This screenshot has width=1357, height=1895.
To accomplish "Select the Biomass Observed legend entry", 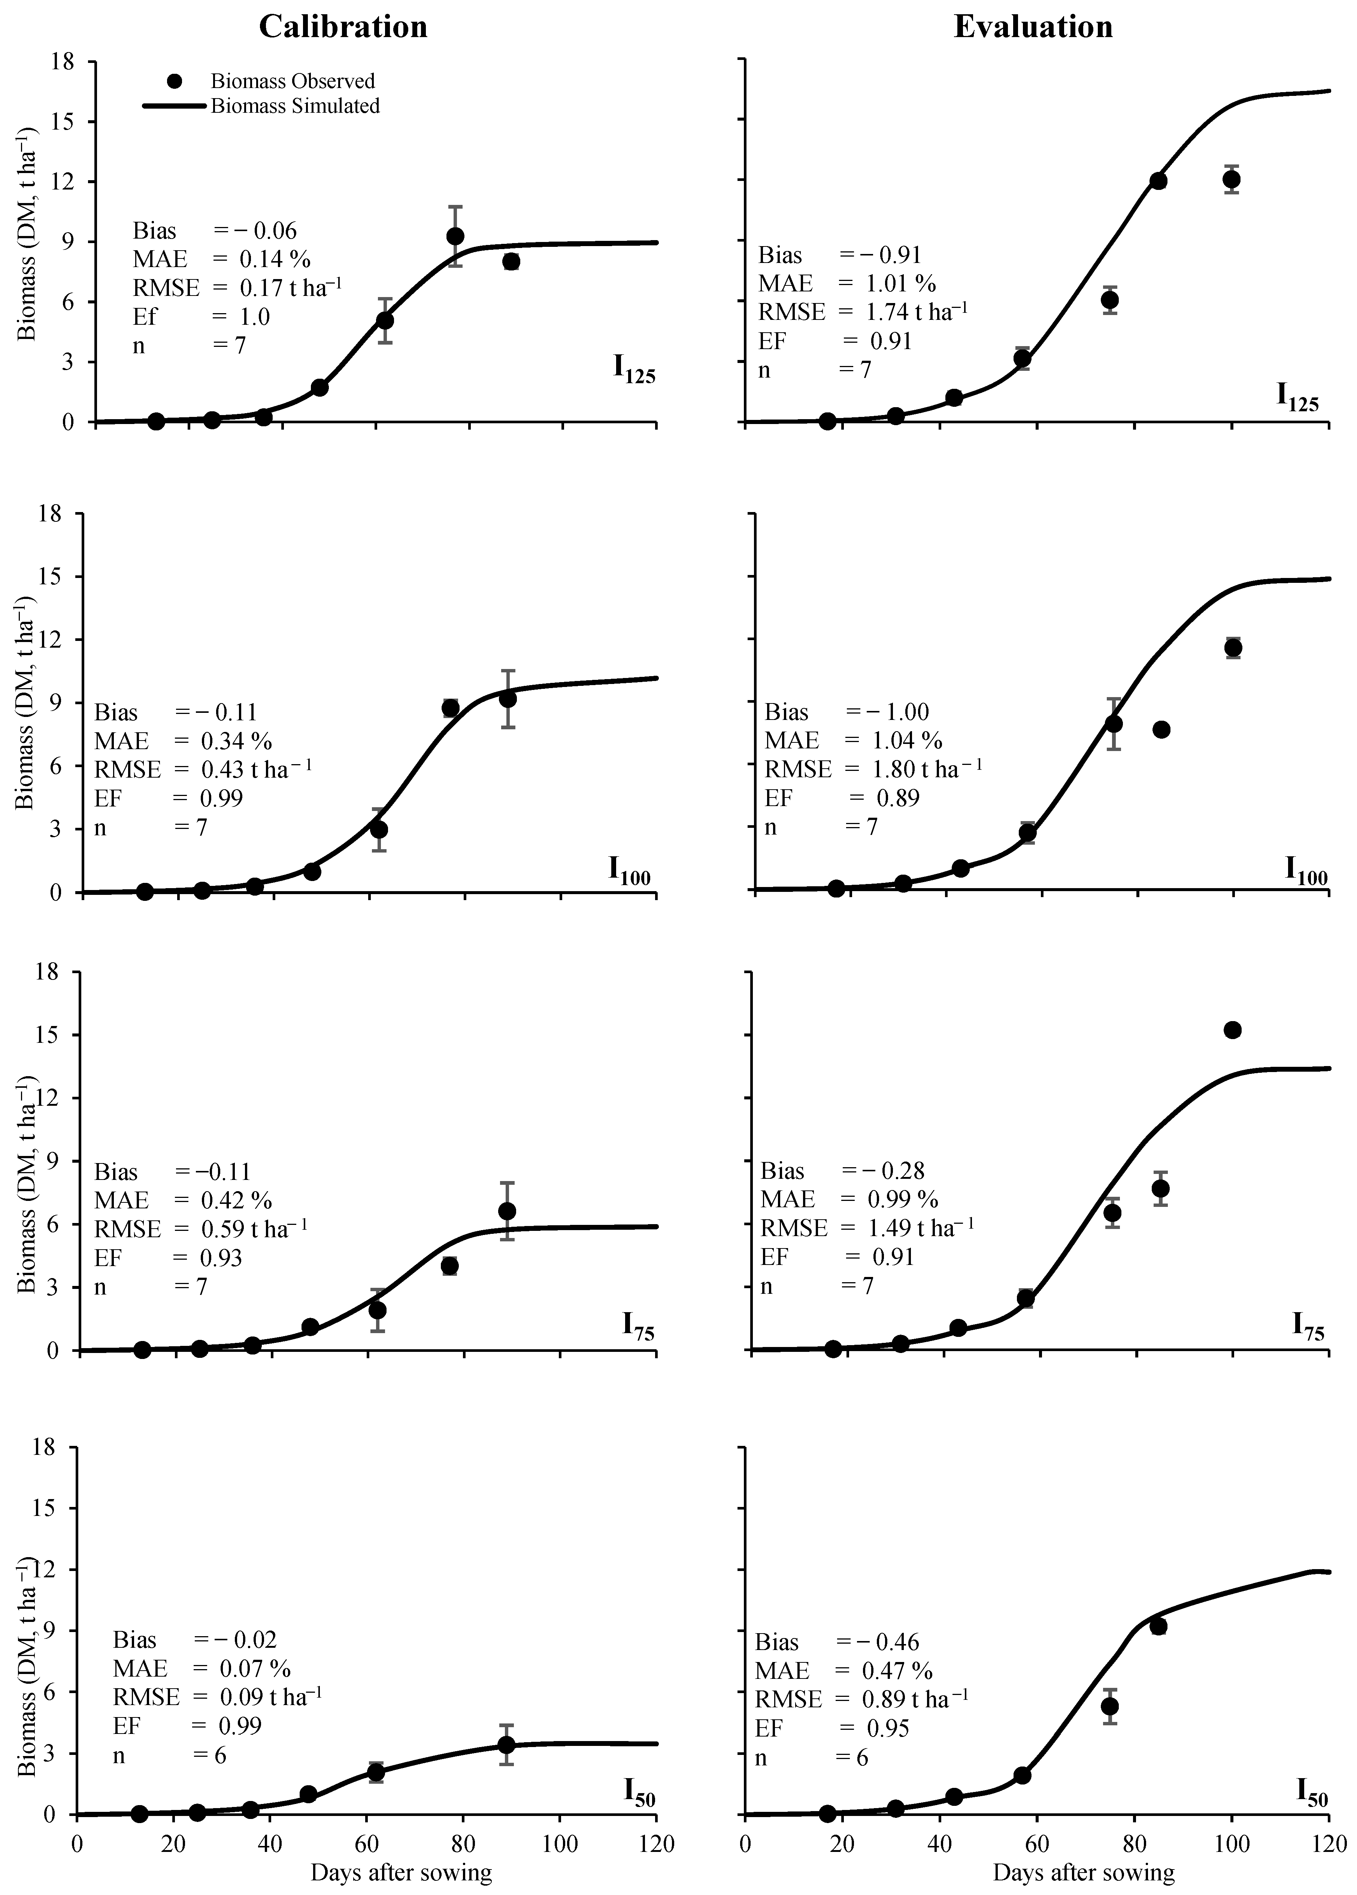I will tap(293, 81).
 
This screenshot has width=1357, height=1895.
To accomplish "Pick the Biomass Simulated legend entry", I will tap(295, 106).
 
